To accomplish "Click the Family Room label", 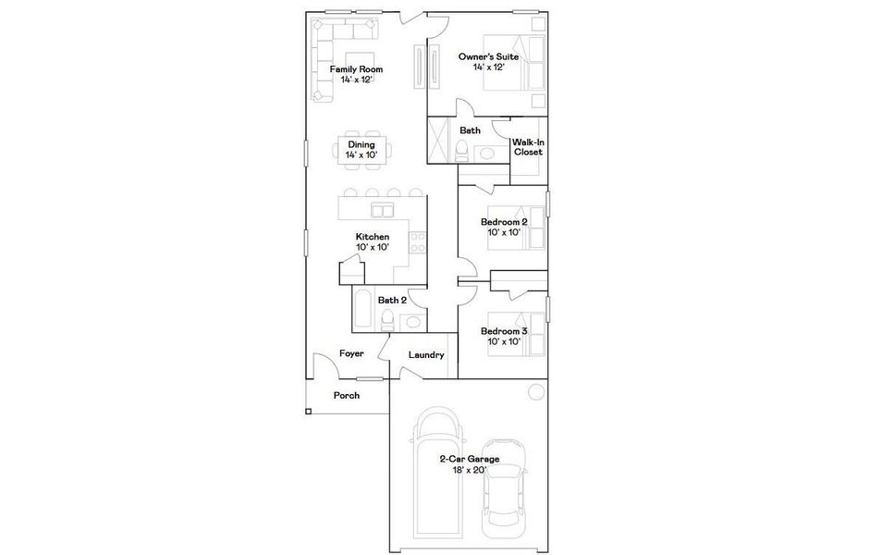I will (356, 69).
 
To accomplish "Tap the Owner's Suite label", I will (489, 56).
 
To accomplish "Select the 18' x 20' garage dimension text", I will (470, 470).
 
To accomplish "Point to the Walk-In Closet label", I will (528, 147).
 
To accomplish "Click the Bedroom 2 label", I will (504, 222).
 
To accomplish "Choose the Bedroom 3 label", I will (504, 331).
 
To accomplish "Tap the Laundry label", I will (426, 355).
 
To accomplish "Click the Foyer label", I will (351, 353).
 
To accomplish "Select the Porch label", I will (347, 395).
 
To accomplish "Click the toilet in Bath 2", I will (388, 321).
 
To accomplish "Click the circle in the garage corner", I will (535, 393).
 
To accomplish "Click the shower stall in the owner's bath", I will (440, 141).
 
